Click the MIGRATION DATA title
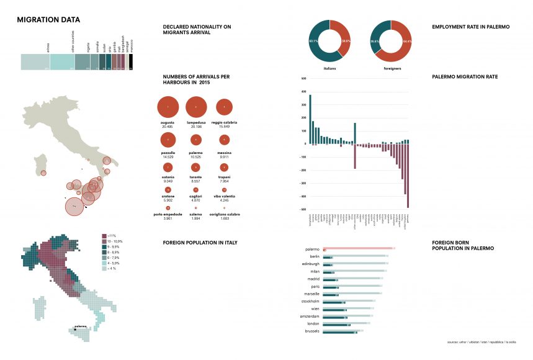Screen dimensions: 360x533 click(x=48, y=20)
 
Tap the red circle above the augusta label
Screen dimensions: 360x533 click(x=168, y=107)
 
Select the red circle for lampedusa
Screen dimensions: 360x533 click(x=196, y=107)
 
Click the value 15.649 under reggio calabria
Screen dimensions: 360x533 click(x=225, y=127)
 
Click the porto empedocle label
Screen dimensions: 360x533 click(x=168, y=214)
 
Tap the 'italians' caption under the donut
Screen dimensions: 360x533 click(x=330, y=68)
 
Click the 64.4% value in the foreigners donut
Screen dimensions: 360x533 click(x=407, y=41)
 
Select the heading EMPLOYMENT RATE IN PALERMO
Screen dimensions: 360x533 click(x=471, y=27)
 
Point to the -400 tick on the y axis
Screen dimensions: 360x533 click(x=303, y=196)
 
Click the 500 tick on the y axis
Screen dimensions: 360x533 click(x=303, y=79)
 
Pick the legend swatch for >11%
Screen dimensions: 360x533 click(x=104, y=236)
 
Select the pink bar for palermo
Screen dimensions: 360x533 click(x=359, y=249)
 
